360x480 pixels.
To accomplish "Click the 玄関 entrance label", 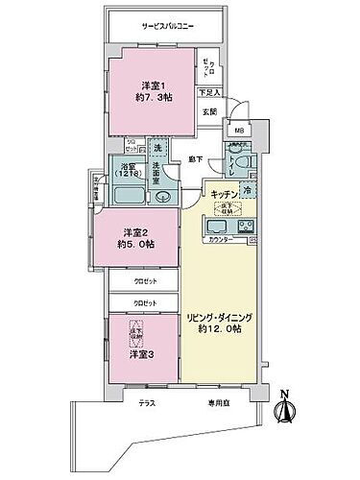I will (x=210, y=110).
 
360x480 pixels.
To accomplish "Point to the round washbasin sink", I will (x=160, y=197).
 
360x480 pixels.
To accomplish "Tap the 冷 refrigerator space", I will (x=248, y=190).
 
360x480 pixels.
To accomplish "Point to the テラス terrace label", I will (x=145, y=403).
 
